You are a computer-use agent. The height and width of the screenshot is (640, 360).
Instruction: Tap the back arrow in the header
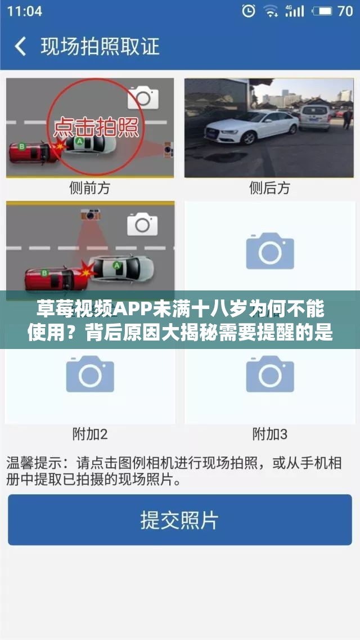coord(20,46)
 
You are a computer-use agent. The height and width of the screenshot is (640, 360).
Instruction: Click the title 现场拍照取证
coord(100,46)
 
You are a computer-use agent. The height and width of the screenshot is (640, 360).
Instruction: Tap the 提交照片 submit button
coord(179,520)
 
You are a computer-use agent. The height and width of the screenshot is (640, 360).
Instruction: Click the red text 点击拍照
coord(96,127)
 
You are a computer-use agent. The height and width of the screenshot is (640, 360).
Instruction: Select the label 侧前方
coord(89,189)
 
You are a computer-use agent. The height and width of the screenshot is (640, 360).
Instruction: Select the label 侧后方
coord(269,189)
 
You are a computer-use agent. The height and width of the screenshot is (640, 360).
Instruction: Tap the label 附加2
coord(89,434)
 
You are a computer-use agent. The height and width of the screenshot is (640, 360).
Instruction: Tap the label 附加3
coord(269,434)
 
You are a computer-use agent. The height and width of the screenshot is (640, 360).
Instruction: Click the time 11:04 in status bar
coord(25,11)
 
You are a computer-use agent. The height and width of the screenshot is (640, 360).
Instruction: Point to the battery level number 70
coord(345,11)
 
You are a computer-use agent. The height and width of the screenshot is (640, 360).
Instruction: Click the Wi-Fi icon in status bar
coord(271,11)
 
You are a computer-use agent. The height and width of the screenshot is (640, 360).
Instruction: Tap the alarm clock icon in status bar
coord(248,11)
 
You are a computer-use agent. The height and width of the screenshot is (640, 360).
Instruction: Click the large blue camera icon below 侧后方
coord(270,251)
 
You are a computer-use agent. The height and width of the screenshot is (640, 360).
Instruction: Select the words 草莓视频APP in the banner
coord(90,308)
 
